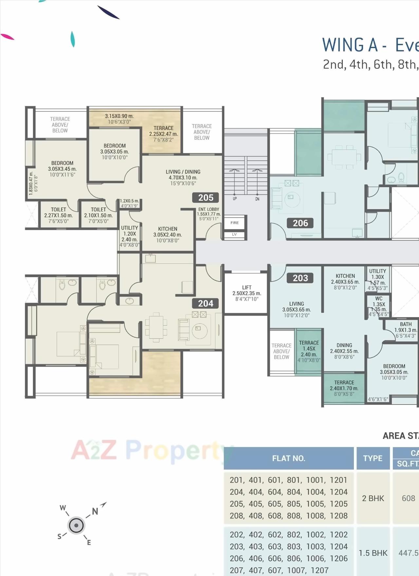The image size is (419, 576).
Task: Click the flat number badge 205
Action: click(206, 198)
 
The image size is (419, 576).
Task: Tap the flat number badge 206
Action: click(300, 223)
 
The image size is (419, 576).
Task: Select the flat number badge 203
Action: click(300, 278)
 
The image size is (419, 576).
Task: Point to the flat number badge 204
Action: click(206, 303)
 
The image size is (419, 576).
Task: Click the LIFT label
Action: click(247, 288)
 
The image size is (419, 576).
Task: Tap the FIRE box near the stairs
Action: click(234, 223)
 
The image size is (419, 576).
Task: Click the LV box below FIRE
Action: click(234, 234)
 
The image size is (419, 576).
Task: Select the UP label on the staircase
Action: click(235, 199)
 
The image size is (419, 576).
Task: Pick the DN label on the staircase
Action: click(257, 199)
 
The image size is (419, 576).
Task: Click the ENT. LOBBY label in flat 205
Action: click(209, 209)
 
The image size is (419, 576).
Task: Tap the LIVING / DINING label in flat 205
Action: click(183, 172)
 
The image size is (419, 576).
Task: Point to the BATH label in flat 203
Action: click(406, 324)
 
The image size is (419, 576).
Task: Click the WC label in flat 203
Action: click(379, 298)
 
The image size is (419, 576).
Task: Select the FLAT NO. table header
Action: click(288, 458)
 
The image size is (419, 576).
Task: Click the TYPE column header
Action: click(373, 458)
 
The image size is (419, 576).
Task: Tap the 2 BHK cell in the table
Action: click(373, 498)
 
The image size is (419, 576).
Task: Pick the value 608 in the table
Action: click(408, 498)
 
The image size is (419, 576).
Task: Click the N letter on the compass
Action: click(95, 511)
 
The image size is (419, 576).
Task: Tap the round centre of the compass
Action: click(76, 526)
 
